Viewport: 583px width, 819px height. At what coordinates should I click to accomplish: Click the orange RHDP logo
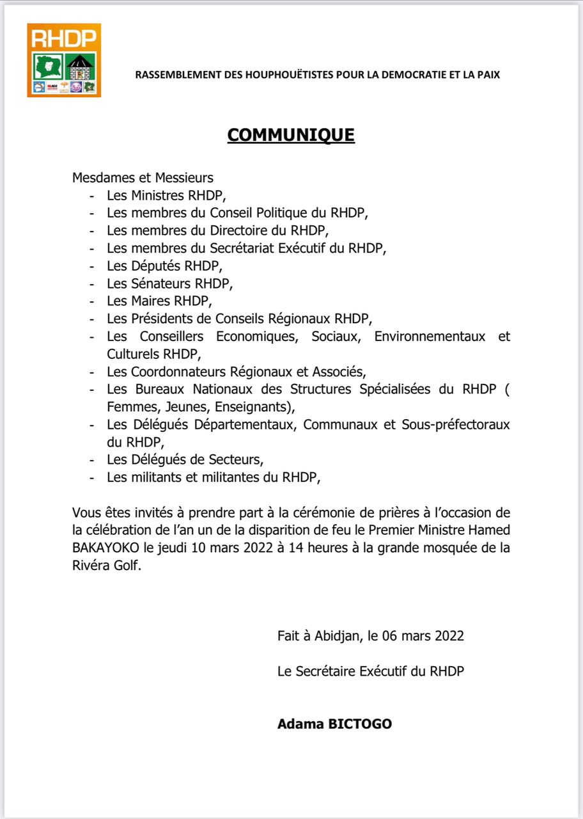tap(64, 60)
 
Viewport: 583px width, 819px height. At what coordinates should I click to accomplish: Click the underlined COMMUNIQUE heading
tap(291, 135)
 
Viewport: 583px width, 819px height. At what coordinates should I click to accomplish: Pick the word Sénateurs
tap(162, 282)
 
